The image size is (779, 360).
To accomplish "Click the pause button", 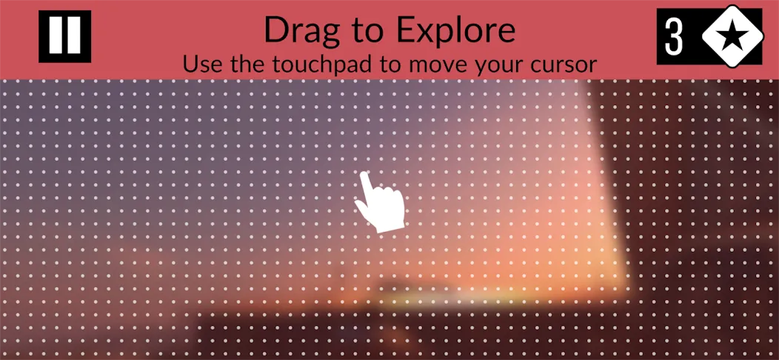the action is [x=64, y=36].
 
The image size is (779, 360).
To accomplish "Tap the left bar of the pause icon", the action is [x=55, y=36].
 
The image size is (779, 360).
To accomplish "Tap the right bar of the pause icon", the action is [x=74, y=36].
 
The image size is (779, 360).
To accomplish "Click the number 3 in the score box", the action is [x=675, y=37].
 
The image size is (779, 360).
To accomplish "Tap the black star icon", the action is [x=732, y=37].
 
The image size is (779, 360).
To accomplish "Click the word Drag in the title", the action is [x=300, y=31].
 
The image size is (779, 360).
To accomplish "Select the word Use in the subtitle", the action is [x=199, y=64].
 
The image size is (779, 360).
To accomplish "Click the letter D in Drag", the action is [x=275, y=30].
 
